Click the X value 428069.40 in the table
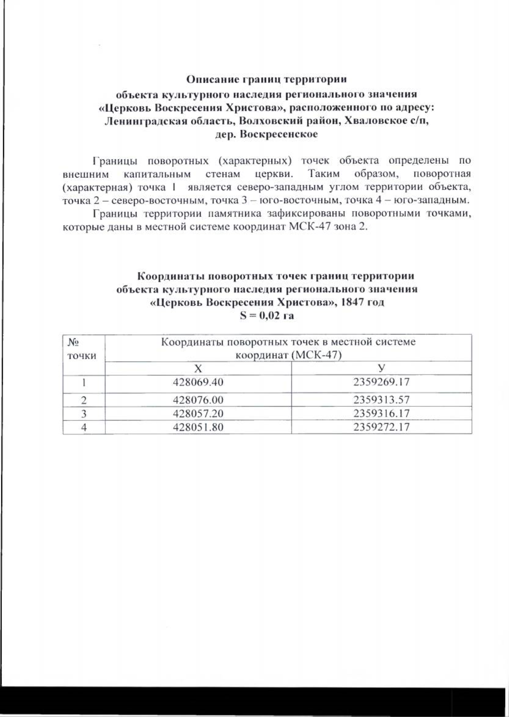point(198,382)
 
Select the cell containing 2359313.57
point(381,399)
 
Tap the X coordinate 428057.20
point(198,413)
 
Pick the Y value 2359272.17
point(381,427)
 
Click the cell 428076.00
point(198,399)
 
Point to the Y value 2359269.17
point(381,382)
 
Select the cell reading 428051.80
point(198,427)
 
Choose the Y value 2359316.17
point(381,413)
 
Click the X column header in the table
point(198,368)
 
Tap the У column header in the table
point(381,368)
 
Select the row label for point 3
point(84,413)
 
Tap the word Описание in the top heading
point(212,79)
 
